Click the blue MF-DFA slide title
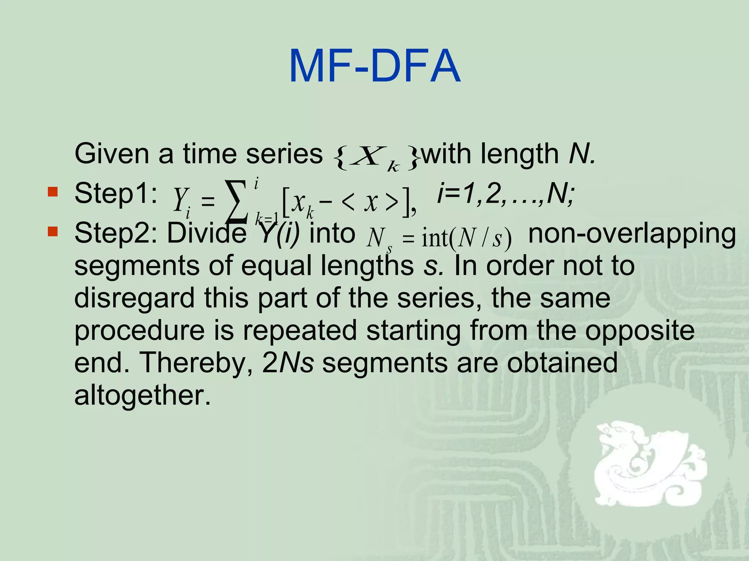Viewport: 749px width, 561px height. click(x=374, y=67)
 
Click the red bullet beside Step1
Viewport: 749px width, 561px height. click(x=53, y=191)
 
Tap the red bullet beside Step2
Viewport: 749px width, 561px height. click(x=53, y=232)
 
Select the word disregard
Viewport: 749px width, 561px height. click(x=135, y=298)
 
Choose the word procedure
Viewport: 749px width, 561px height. click(x=139, y=331)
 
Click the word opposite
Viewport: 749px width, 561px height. click(x=639, y=331)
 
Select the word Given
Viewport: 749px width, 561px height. click(x=112, y=154)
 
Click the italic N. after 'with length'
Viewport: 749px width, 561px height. click(x=582, y=154)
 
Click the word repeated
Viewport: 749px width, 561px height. click(x=300, y=331)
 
